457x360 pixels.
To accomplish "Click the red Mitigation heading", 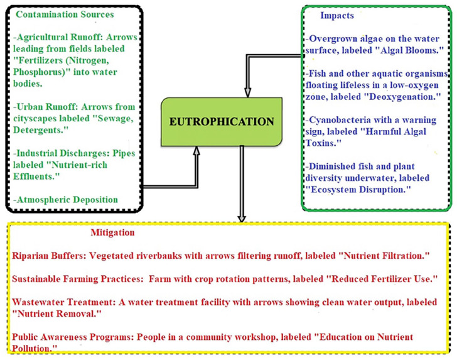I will [x=113, y=232].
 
